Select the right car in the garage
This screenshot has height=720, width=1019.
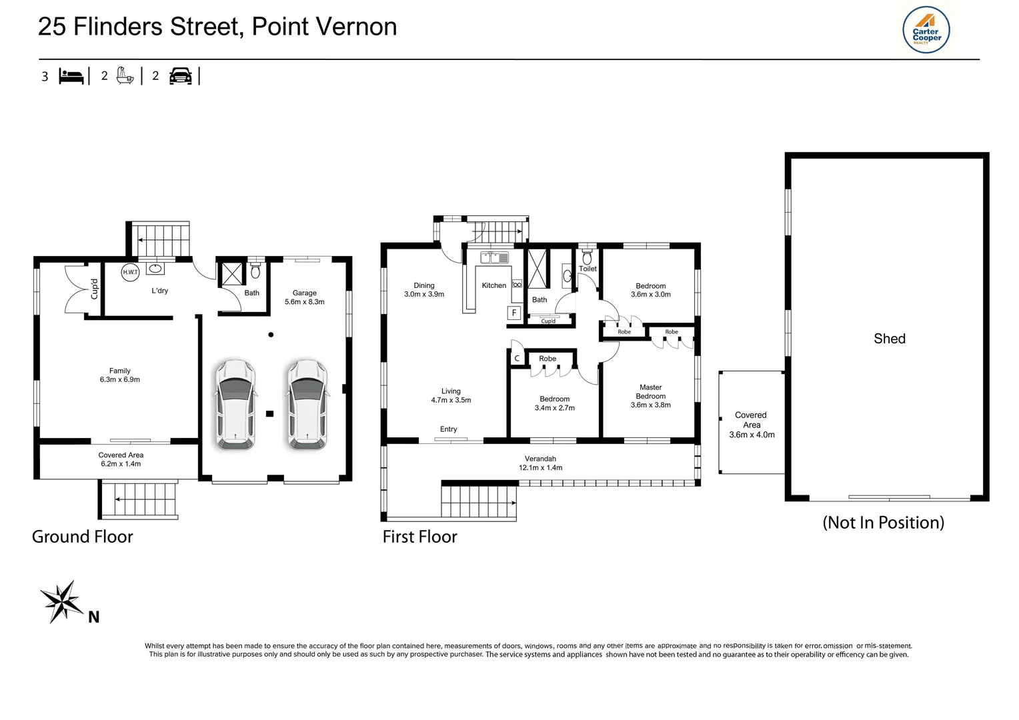pyautogui.click(x=307, y=405)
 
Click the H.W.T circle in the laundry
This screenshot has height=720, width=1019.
pyautogui.click(x=130, y=272)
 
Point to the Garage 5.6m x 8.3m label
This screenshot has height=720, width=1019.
pyautogui.click(x=304, y=297)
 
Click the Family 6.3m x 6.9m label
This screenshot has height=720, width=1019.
pyautogui.click(x=120, y=375)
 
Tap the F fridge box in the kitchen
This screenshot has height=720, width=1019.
pyautogui.click(x=514, y=313)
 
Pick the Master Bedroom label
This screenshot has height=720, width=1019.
pyautogui.click(x=651, y=396)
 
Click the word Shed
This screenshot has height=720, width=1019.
pyautogui.click(x=890, y=339)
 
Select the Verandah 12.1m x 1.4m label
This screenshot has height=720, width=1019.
pyautogui.click(x=540, y=463)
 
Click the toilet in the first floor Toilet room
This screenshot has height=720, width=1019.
pyautogui.click(x=587, y=257)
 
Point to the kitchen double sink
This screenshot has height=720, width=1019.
pyautogui.click(x=495, y=257)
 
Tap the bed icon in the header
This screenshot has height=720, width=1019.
pyautogui.click(x=71, y=76)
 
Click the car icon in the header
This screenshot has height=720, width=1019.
pyautogui.click(x=181, y=76)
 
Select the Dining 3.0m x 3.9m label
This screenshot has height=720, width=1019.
pyautogui.click(x=424, y=290)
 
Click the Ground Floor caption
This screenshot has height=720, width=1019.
pyautogui.click(x=83, y=537)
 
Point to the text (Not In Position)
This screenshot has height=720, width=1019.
pyautogui.click(x=883, y=523)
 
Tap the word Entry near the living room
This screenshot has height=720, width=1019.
pyautogui.click(x=449, y=429)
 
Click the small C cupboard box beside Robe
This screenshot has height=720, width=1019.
pyautogui.click(x=517, y=359)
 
